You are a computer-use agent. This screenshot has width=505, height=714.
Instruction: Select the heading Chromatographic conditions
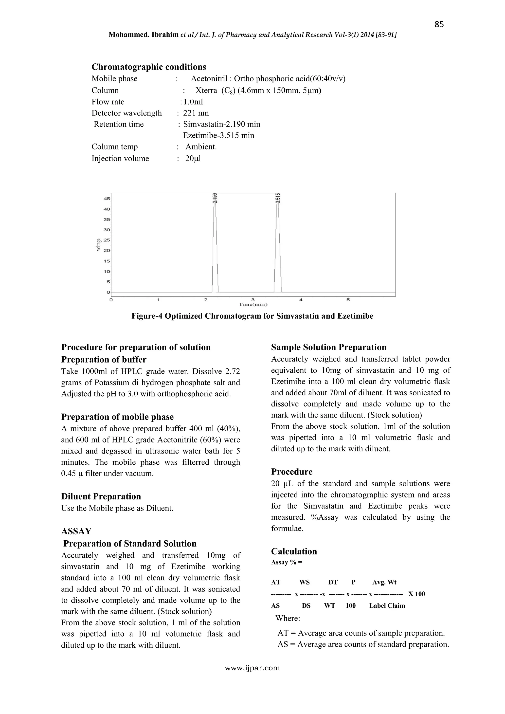click(149, 67)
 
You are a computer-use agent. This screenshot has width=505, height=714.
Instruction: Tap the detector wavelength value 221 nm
click(196, 113)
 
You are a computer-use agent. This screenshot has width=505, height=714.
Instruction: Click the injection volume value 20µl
click(193, 159)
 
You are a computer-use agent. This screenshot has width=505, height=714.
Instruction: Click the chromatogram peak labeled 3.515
click(278, 242)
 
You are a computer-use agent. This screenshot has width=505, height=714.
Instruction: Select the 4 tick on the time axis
click(301, 300)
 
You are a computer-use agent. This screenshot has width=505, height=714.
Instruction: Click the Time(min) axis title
click(253, 304)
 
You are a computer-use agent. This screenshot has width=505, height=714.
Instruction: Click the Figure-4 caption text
click(252, 316)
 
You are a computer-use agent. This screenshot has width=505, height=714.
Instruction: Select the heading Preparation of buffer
click(104, 360)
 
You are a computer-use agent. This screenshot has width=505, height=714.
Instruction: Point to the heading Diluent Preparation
click(101, 496)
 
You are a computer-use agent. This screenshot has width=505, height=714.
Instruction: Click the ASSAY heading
click(76, 531)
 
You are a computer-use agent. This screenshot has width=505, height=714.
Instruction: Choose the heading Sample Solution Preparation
click(329, 347)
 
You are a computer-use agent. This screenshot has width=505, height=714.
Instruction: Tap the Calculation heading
click(294, 551)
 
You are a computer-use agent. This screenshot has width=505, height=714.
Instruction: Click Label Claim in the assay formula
click(387, 606)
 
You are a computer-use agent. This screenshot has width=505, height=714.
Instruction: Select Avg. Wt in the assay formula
click(384, 582)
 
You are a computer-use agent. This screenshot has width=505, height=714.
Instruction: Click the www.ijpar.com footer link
click(252, 668)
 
